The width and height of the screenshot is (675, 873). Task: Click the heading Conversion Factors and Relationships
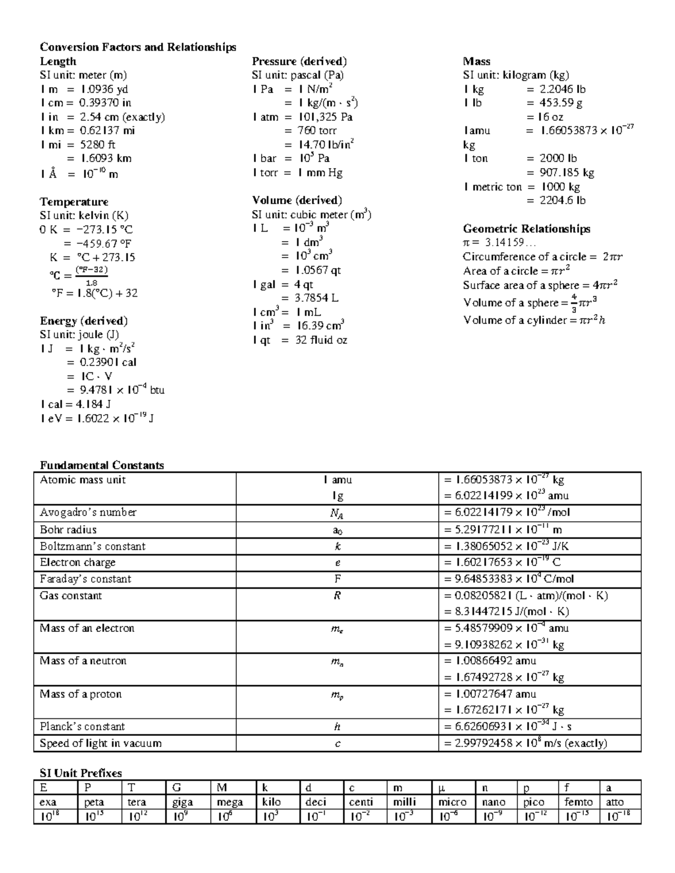138,47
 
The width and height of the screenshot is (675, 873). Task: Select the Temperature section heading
74,202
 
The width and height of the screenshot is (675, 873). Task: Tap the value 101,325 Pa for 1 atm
325,117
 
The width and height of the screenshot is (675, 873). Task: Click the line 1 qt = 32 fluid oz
300,340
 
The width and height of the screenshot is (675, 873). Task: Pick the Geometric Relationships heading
526,229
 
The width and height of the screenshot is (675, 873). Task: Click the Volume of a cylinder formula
534,320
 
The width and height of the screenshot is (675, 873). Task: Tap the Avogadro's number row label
88,513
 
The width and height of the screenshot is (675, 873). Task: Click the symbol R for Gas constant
337,596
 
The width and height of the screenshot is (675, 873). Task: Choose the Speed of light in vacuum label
101,743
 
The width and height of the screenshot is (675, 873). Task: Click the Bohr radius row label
68,530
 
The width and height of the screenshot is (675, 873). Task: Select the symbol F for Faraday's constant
337,579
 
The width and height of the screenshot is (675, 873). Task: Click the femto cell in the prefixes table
579,803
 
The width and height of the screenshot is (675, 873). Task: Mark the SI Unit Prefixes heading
80,773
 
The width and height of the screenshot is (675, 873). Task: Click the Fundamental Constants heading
102,465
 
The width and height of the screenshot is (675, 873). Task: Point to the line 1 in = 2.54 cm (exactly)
102,117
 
